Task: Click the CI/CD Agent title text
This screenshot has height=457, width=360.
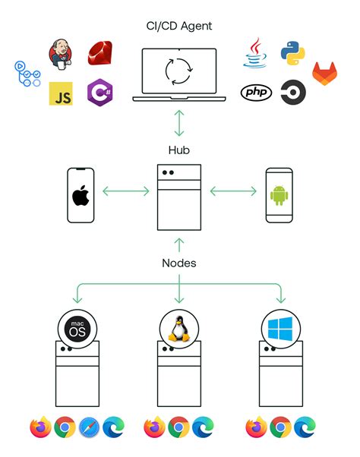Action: click(x=179, y=27)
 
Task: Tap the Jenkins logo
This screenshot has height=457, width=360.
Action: click(x=61, y=54)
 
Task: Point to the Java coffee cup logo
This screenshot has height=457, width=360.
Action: click(x=255, y=53)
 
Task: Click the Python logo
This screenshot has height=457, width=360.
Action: click(x=293, y=53)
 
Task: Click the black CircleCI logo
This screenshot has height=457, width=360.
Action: click(x=292, y=93)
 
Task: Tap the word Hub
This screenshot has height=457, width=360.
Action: click(x=179, y=150)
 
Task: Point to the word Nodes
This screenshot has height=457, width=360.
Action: click(x=179, y=263)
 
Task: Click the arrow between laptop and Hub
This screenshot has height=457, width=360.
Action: click(x=179, y=122)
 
